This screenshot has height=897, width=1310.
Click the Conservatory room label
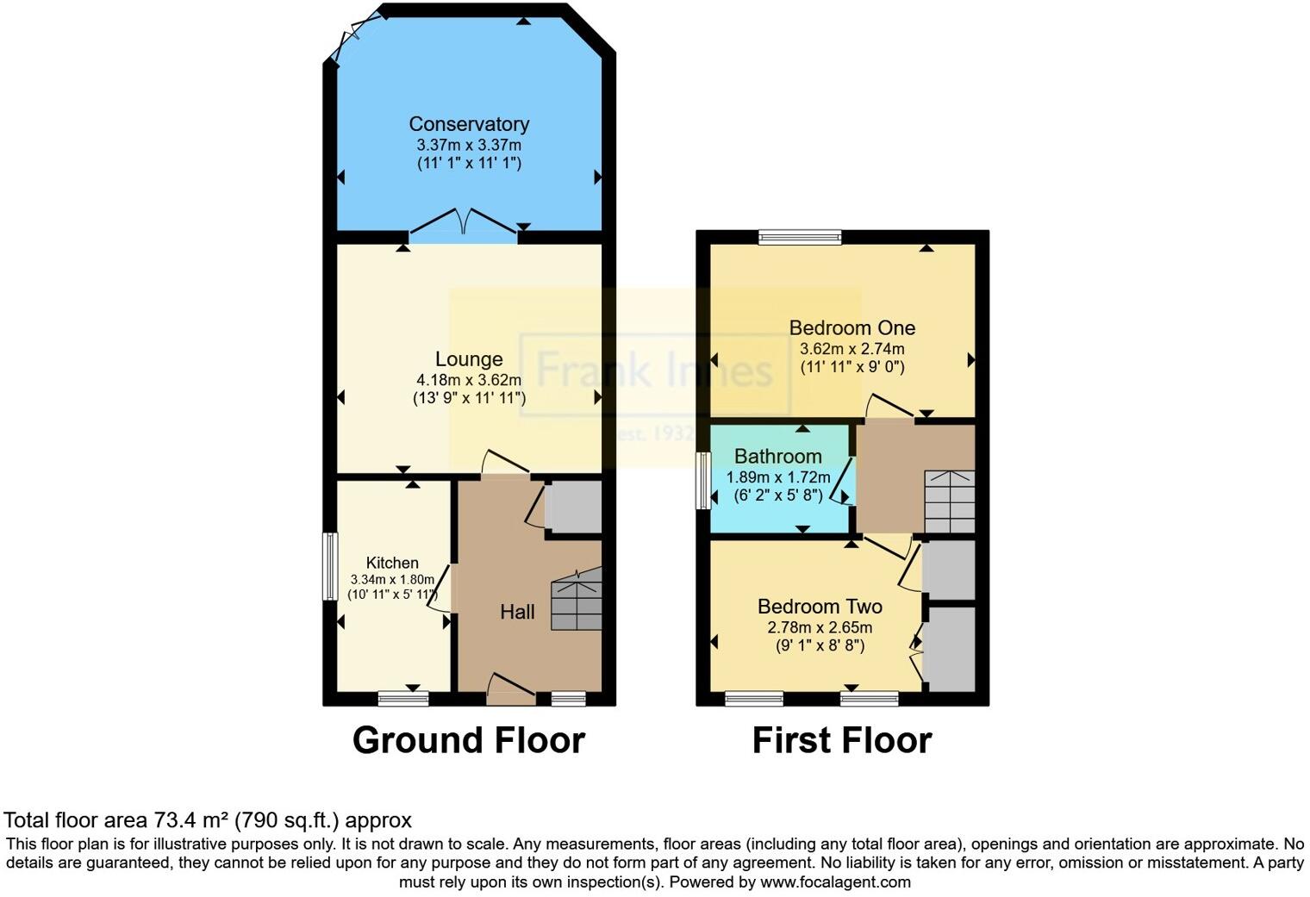[x=469, y=124]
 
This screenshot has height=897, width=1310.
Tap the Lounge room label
[x=469, y=359]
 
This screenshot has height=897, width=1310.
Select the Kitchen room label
[x=392, y=563]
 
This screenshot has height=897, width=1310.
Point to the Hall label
[x=517, y=612]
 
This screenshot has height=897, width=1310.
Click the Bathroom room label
[x=777, y=456]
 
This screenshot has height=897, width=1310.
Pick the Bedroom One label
[x=851, y=327]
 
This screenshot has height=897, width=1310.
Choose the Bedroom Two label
[x=820, y=606]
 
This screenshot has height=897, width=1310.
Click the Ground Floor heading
[x=468, y=740]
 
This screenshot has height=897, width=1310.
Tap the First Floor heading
[x=841, y=740]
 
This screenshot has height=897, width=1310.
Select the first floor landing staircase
[x=949, y=501]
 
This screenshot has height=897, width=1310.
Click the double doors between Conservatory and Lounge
[x=465, y=223]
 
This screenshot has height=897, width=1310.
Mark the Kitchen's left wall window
[x=329, y=566]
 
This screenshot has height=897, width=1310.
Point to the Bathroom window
[x=702, y=479]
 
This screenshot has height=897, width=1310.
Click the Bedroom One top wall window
[x=800, y=237]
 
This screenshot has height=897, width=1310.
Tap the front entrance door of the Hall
[x=510, y=688]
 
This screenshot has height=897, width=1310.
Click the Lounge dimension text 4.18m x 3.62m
[x=469, y=380]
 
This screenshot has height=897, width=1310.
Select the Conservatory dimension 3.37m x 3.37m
[x=469, y=145]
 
